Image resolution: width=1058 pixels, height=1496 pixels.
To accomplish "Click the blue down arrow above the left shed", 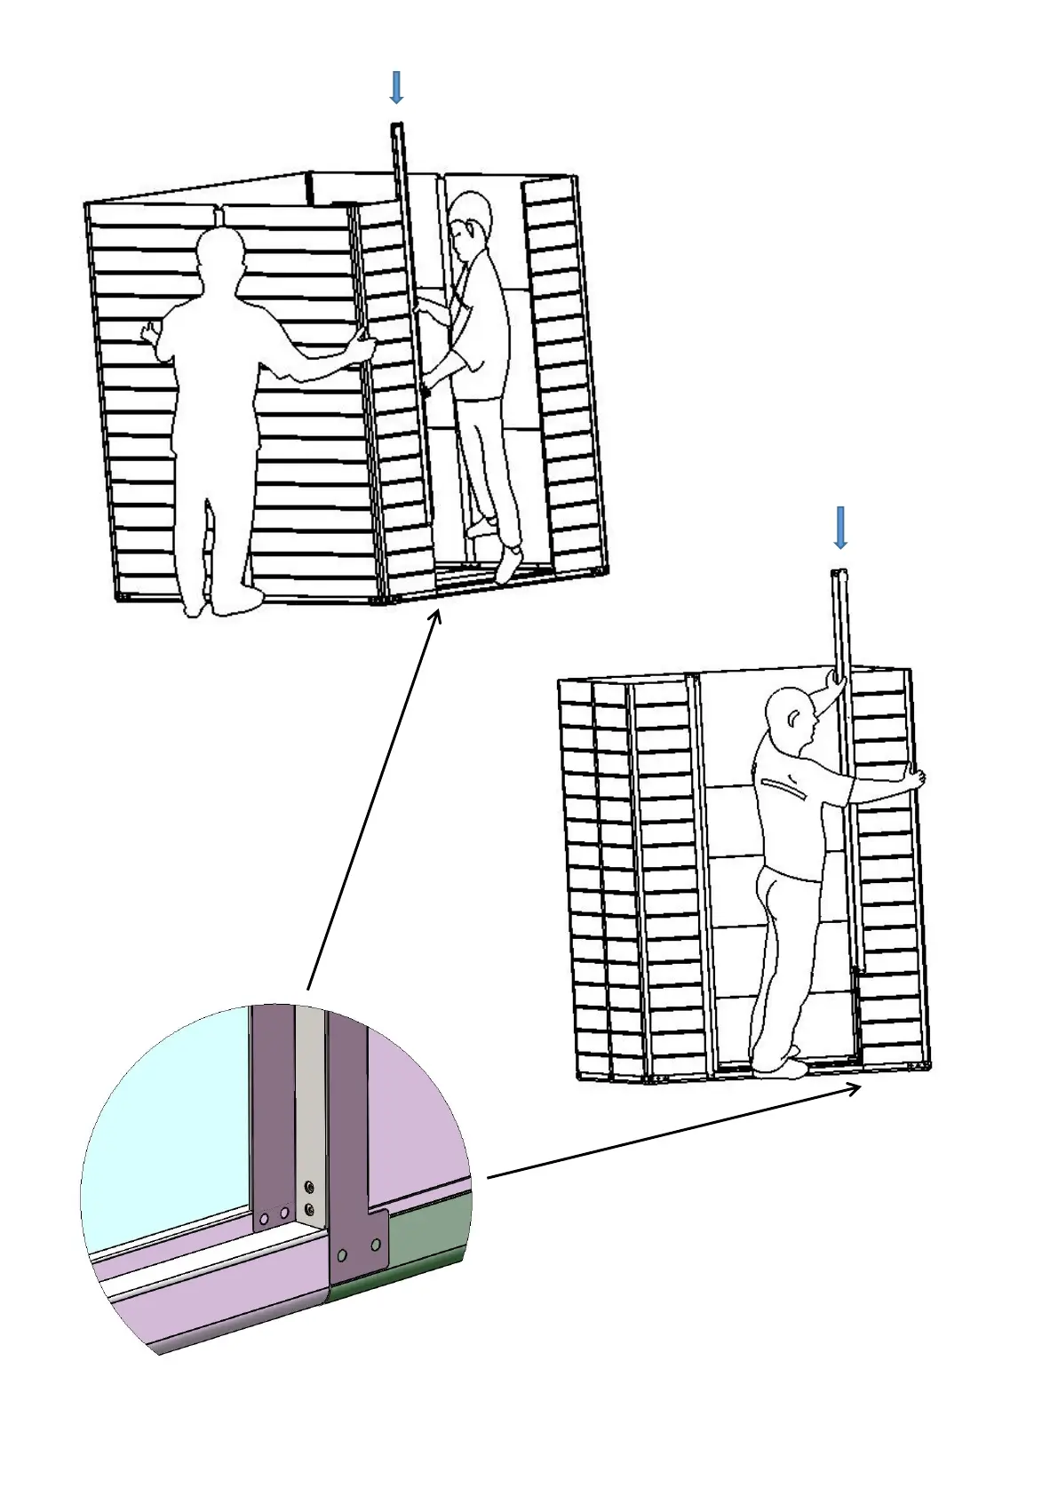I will [x=396, y=87].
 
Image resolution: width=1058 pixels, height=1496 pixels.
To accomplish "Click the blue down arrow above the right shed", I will [x=839, y=528].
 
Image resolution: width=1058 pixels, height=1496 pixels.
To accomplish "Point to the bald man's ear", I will [x=794, y=715].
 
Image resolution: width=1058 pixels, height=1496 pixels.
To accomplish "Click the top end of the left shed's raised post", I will [x=396, y=127].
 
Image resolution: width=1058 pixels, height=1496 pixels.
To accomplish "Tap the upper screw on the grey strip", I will [x=309, y=1187].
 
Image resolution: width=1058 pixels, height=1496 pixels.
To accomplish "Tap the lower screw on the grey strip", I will [x=309, y=1208].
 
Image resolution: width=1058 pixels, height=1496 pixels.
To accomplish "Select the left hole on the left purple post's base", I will [x=264, y=1218].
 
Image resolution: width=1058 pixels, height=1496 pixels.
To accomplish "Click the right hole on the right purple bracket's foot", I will [x=376, y=1245].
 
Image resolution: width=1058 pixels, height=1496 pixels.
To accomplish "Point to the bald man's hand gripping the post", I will [x=835, y=679].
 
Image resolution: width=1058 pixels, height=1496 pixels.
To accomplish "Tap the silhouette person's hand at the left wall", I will [x=149, y=333].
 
